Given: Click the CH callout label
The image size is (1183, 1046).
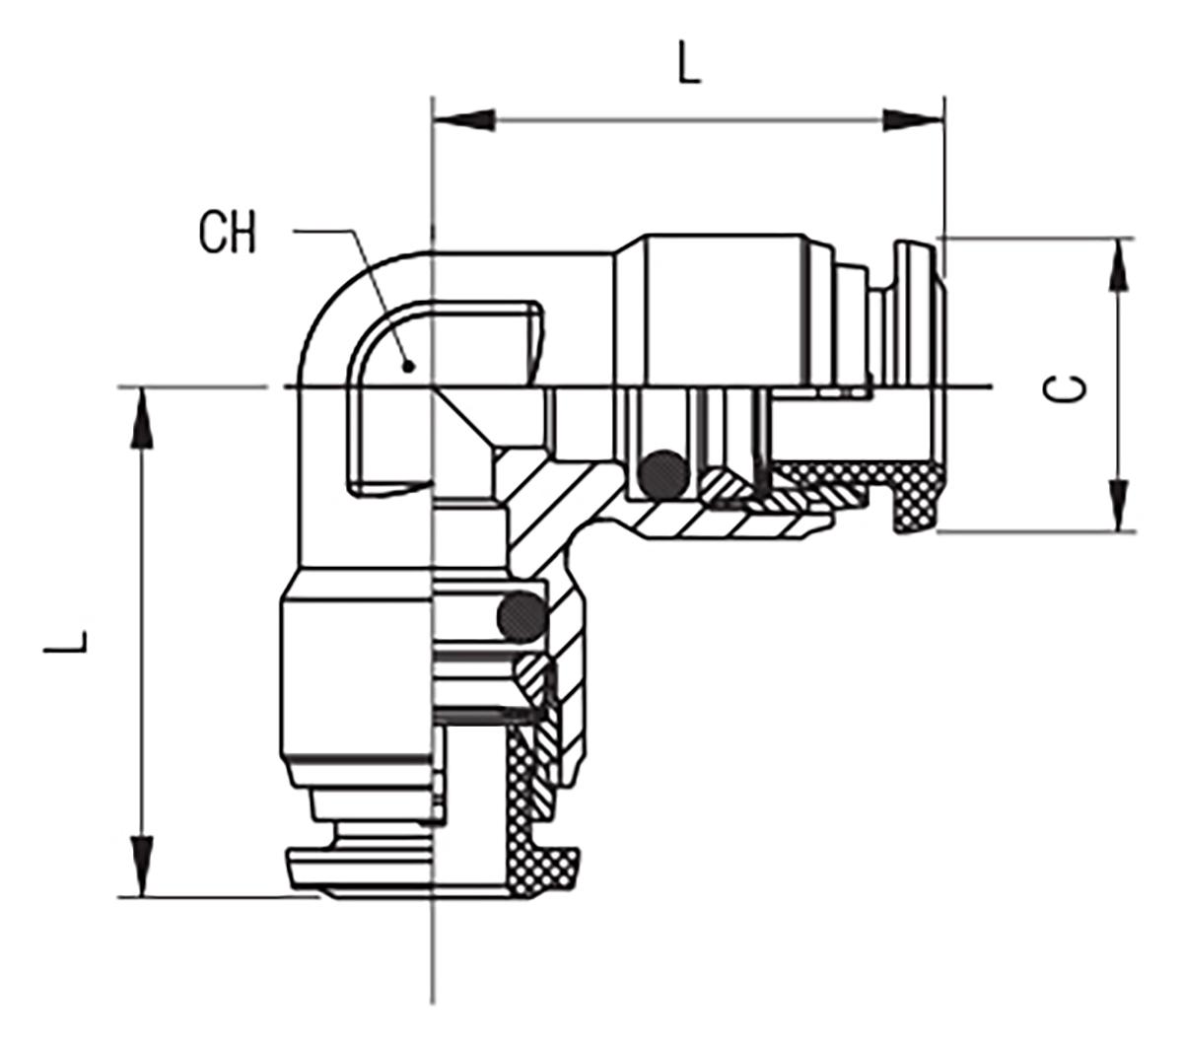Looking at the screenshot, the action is tap(227, 233).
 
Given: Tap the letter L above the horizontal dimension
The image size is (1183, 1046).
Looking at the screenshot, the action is tap(688, 61).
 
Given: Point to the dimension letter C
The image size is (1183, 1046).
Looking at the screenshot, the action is tap(1064, 388).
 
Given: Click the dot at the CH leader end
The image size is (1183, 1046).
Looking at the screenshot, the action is tap(409, 367).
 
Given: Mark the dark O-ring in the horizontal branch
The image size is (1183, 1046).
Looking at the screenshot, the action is tap(663, 473).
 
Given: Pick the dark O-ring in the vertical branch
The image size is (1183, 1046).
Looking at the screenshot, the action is tap(522, 617).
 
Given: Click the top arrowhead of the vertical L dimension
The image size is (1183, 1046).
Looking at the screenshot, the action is tap(142, 418).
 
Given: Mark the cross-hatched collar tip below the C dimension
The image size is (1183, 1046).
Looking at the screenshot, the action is tap(916, 501).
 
